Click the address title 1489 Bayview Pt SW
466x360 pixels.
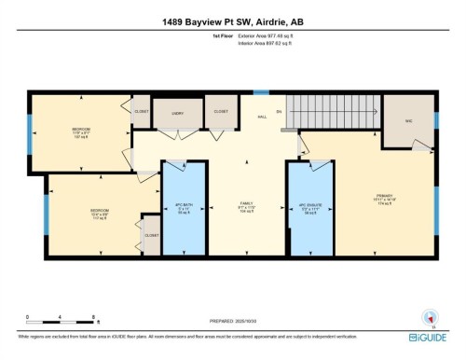pyautogui.click(x=232, y=21)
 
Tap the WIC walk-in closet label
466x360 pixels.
pyautogui.click(x=408, y=120)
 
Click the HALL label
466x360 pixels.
pyautogui.click(x=263, y=117)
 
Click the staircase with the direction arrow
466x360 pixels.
pyautogui.click(x=330, y=113)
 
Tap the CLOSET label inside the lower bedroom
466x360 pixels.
pyautogui.click(x=151, y=235)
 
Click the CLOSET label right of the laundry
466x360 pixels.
pyautogui.click(x=221, y=111)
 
